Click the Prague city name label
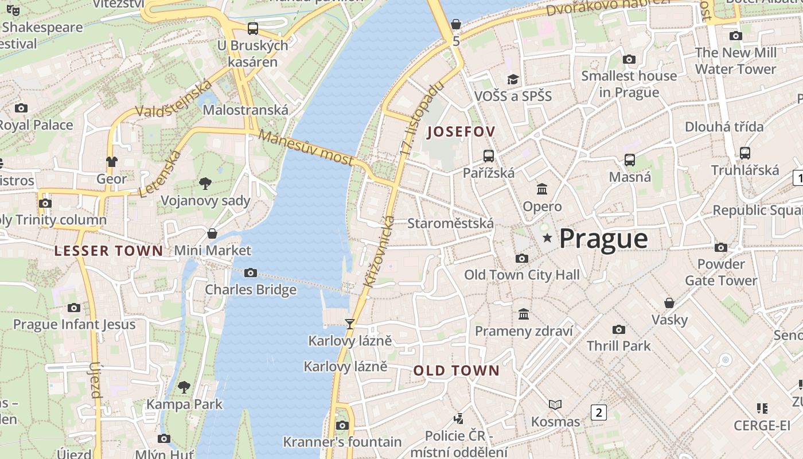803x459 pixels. (603, 239)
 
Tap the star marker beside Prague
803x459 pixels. (548, 238)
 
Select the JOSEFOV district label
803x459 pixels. (461, 132)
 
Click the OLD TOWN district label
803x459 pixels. (457, 371)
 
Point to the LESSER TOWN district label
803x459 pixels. (109, 251)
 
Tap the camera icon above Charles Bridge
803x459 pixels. (251, 273)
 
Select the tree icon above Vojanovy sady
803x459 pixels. (205, 184)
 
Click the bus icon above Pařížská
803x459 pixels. (489, 155)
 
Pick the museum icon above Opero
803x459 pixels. (542, 189)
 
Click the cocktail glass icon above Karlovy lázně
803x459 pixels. (349, 324)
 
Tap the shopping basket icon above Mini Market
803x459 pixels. (212, 234)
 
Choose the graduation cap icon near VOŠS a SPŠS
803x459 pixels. (513, 79)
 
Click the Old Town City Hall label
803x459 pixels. (521, 275)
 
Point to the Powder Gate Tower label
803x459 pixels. (721, 272)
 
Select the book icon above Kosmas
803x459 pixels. (555, 404)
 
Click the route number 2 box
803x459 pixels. (599, 411)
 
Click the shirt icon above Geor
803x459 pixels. (111, 162)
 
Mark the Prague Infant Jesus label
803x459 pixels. (75, 324)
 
